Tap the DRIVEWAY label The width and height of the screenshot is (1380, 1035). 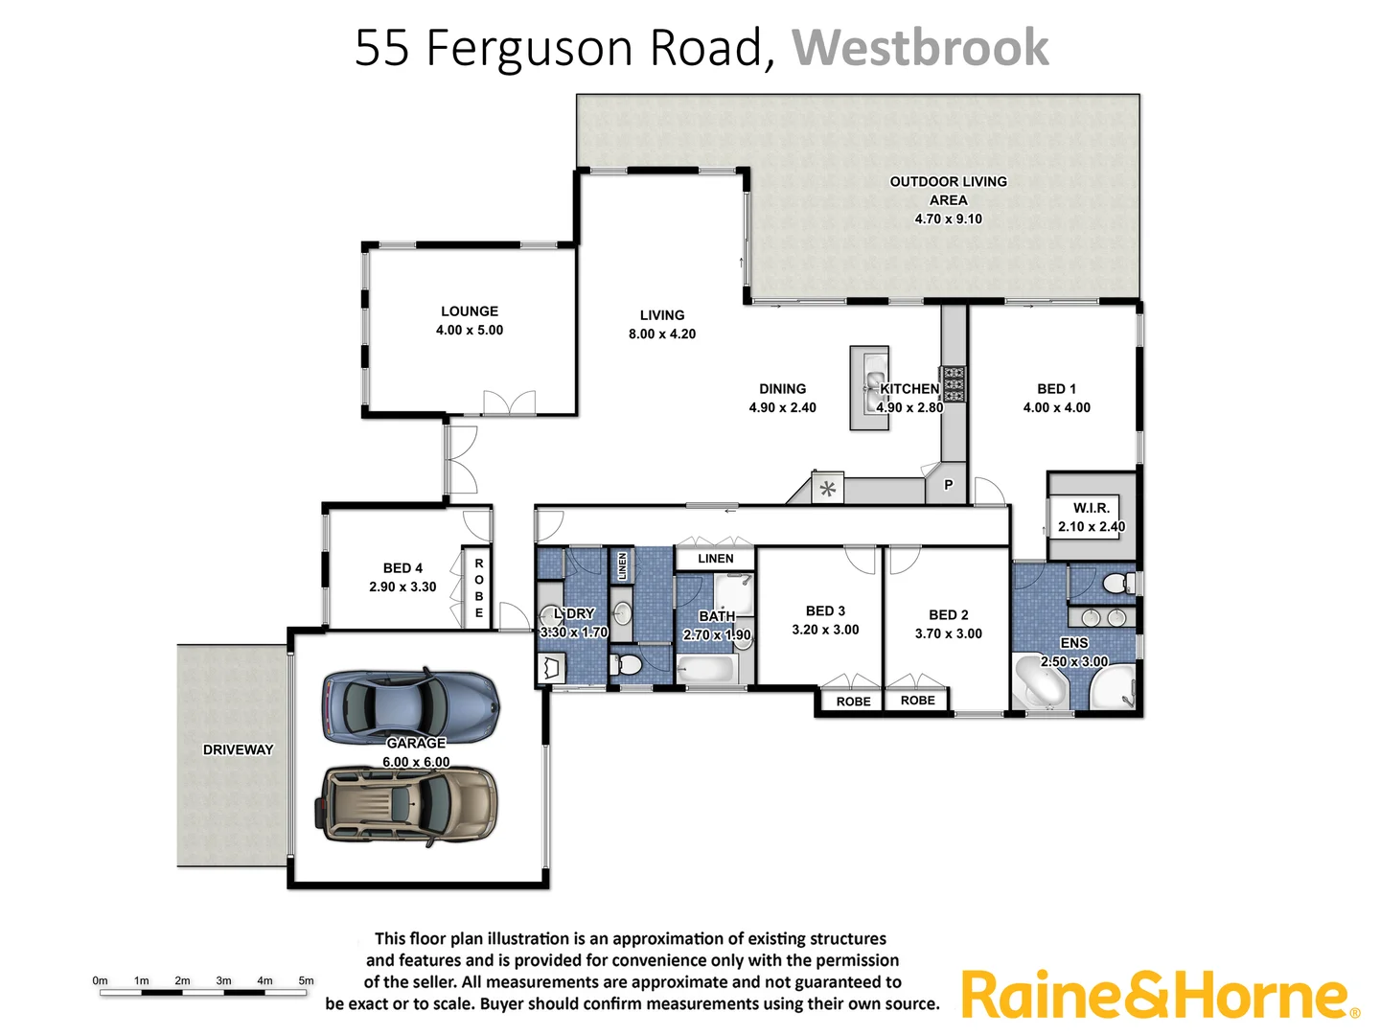point(238,749)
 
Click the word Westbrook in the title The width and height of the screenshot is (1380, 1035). point(920,48)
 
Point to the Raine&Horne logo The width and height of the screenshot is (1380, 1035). point(1160,996)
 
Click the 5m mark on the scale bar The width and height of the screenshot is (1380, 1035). point(306,980)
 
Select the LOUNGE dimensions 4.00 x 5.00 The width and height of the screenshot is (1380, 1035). point(470,330)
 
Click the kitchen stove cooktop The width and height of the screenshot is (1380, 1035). point(954,383)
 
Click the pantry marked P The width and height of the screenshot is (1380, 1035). point(948,485)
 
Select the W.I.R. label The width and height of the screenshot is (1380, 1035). point(1091,508)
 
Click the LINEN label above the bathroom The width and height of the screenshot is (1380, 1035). point(715,559)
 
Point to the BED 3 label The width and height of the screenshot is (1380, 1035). point(825,610)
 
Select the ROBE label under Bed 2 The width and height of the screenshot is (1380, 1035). point(917,701)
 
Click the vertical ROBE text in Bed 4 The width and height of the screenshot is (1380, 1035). point(479,587)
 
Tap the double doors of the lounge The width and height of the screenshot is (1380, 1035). point(509,402)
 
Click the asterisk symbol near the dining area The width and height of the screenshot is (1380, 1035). point(828,490)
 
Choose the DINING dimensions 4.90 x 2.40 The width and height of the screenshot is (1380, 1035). point(782,407)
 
